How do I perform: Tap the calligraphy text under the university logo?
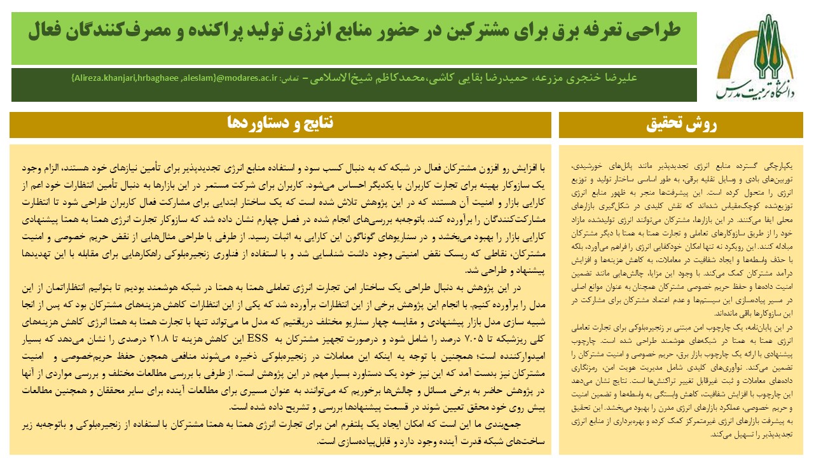754,91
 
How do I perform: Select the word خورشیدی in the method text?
589,165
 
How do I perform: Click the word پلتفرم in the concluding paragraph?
347,424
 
